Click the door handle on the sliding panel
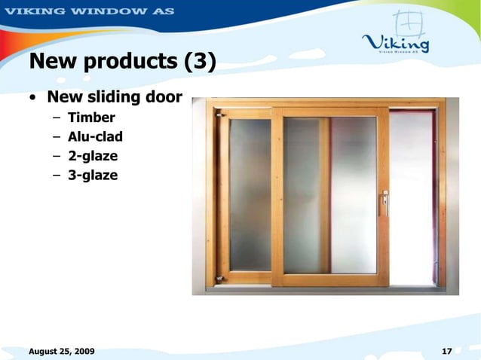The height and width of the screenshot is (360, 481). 384,202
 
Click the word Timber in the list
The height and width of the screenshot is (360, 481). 91,117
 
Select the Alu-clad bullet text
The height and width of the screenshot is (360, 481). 95,137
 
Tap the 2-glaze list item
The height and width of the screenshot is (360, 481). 93,157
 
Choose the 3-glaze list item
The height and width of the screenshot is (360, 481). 93,176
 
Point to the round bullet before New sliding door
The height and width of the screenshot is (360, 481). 34,98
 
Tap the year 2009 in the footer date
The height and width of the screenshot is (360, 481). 82,352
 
